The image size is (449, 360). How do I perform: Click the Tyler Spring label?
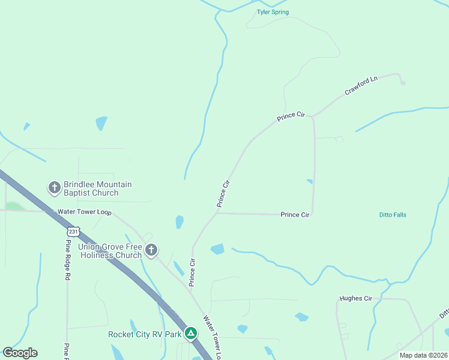click(x=273, y=12)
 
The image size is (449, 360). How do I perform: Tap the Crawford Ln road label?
click(x=361, y=86)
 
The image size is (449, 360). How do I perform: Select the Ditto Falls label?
click(x=393, y=215)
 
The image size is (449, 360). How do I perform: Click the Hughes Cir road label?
click(x=356, y=298)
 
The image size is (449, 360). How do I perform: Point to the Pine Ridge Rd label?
click(x=68, y=262)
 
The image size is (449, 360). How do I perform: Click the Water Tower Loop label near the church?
click(x=85, y=212)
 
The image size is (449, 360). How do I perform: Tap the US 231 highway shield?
click(x=73, y=231)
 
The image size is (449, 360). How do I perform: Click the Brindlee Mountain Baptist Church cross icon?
click(x=54, y=188)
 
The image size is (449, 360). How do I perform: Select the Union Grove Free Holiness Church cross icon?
click(x=151, y=250)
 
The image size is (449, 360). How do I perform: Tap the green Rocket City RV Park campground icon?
click(x=191, y=332)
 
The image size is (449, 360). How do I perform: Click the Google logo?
click(x=20, y=353)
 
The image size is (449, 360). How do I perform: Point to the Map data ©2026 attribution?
click(x=423, y=355)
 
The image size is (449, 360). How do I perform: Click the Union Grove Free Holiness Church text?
click(x=104, y=251)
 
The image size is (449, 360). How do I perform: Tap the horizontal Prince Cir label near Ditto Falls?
click(x=295, y=214)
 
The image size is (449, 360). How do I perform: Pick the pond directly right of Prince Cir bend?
click(x=217, y=249)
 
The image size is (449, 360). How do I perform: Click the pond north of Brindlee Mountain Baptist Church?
click(x=101, y=123)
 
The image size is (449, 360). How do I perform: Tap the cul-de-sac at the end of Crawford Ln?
click(x=402, y=83)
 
